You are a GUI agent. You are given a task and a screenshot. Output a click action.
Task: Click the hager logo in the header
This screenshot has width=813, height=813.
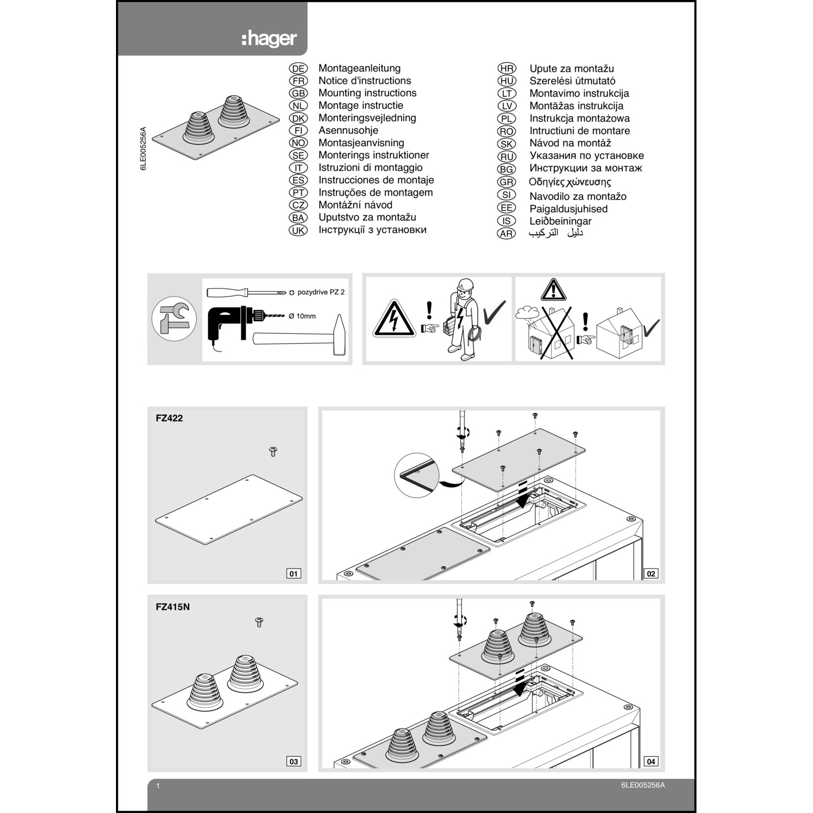pyautogui.click(x=269, y=39)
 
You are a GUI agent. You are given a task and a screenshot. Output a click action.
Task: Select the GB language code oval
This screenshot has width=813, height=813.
pyautogui.click(x=298, y=93)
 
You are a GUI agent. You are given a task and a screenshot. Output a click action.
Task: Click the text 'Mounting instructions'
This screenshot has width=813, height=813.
pyautogui.click(x=367, y=93)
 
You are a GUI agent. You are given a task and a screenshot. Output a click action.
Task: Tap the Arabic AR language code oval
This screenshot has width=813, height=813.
pyautogui.click(x=506, y=234)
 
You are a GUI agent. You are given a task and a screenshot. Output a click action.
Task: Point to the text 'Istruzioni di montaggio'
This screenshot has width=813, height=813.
pyautogui.click(x=370, y=167)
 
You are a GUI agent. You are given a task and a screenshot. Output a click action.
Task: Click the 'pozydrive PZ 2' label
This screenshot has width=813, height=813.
pyautogui.click(x=320, y=292)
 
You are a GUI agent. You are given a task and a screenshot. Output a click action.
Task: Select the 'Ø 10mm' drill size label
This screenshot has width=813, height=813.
pyautogui.click(x=302, y=316)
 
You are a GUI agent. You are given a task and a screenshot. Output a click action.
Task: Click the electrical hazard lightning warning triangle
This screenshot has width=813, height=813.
pyautogui.click(x=394, y=320)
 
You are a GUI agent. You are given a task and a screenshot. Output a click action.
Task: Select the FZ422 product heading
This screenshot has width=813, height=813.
pyautogui.click(x=169, y=418)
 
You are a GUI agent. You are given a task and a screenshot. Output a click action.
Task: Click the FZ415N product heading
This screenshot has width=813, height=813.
pyautogui.click(x=172, y=607)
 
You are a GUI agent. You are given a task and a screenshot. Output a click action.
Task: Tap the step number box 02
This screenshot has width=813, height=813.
pyautogui.click(x=651, y=573)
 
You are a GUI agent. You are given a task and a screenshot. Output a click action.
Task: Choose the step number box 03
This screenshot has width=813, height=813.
pyautogui.click(x=293, y=762)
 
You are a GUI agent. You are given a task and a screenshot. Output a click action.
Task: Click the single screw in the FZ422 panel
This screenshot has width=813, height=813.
pyautogui.click(x=273, y=451)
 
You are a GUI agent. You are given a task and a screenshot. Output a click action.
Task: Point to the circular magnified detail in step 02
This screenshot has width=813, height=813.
pyautogui.click(x=416, y=475)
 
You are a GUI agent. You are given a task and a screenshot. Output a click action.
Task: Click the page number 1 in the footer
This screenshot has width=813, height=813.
pyautogui.click(x=158, y=786)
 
